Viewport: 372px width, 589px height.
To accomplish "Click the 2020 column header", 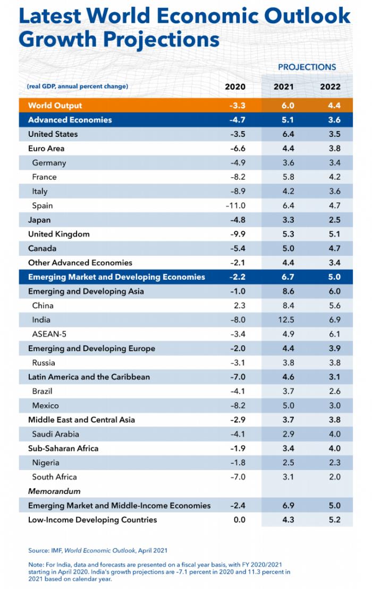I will (x=235, y=86).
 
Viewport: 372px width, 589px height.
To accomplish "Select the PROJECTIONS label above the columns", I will (x=307, y=67).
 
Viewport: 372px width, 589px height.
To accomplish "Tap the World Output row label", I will (x=55, y=106).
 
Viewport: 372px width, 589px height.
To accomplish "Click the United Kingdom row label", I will (x=58, y=234).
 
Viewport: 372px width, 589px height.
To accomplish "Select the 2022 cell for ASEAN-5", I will (x=334, y=334).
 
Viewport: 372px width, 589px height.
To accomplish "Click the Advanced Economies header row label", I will (x=70, y=120).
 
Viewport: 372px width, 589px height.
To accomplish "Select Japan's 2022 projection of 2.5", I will (x=334, y=220).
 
